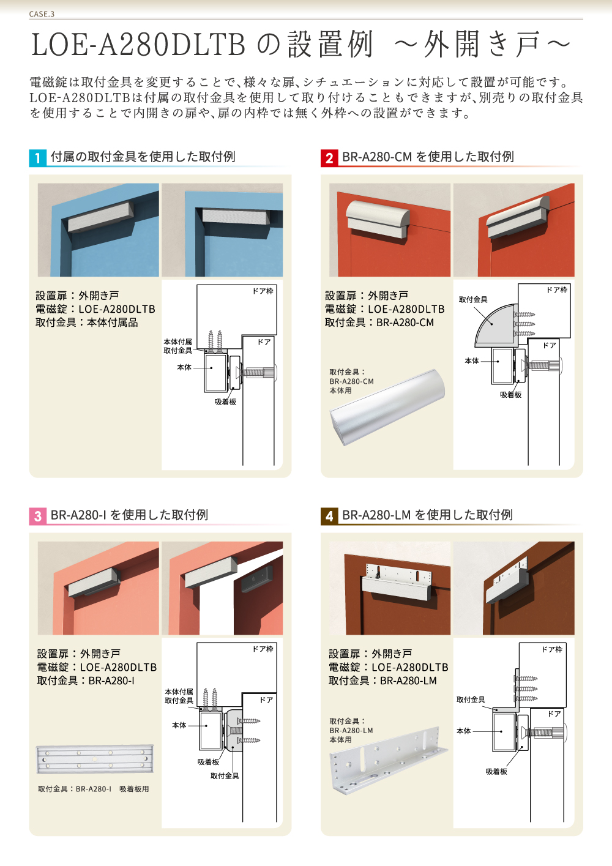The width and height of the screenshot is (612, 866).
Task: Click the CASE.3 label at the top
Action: (42, 14)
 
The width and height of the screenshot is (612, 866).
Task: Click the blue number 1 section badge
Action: (37, 158)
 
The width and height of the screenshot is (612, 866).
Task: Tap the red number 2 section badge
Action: (329, 158)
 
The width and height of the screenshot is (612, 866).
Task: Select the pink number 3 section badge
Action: (37, 516)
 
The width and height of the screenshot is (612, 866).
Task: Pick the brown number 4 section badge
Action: (329, 516)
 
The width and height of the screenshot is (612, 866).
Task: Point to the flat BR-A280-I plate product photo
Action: (95, 760)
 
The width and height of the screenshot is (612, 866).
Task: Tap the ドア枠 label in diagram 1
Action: (263, 291)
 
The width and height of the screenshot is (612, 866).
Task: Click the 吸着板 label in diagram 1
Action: (225, 402)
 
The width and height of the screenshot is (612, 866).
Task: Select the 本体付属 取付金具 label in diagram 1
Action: (177, 346)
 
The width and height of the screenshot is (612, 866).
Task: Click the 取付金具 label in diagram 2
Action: (473, 300)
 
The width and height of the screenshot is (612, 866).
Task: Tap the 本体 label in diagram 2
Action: (472, 361)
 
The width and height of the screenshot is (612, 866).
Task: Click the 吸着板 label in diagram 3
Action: (208, 762)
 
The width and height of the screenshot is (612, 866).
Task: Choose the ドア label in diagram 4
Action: (554, 714)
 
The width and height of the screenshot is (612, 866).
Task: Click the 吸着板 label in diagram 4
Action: (496, 772)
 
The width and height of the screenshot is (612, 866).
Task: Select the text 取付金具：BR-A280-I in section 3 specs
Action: (86, 681)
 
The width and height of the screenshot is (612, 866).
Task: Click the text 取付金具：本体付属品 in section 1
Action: (87, 323)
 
